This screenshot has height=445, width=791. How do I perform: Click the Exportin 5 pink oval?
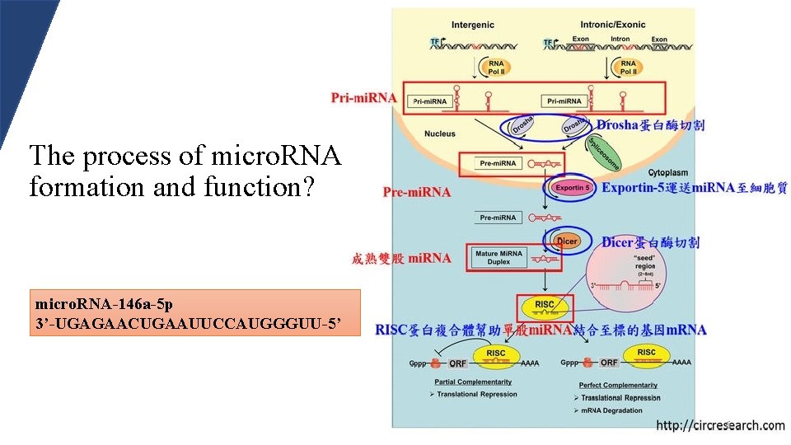coord(572,188)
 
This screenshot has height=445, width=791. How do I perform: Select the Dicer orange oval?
coord(567,241)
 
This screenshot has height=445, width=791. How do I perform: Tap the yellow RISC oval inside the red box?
coord(545,307)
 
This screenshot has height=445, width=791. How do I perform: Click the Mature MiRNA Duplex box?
coord(498,258)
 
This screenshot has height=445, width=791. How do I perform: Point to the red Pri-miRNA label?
coord(363,98)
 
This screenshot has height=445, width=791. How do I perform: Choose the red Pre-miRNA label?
coord(417,193)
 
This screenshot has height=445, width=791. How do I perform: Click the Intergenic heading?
coord(473,26)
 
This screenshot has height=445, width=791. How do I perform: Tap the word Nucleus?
coord(440,133)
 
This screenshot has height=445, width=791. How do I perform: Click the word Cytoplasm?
coord(669,173)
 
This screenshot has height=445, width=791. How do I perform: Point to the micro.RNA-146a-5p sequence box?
coord(195,312)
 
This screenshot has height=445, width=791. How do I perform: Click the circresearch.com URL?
coord(720,426)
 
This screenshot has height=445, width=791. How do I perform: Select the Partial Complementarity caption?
coord(473,382)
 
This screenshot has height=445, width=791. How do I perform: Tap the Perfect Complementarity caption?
coord(618,385)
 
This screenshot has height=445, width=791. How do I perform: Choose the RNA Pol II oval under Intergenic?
coord(497,67)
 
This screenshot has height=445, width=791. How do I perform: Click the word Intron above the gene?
coord(620,39)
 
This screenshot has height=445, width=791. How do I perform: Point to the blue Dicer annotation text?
coord(651,242)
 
